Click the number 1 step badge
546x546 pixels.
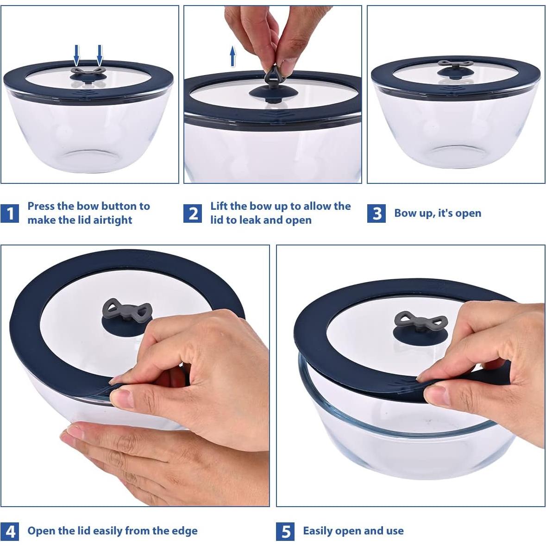pyautogui.click(x=10, y=213)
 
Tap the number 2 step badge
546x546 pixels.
pyautogui.click(x=193, y=213)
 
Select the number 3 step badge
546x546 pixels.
pyautogui.click(x=377, y=213)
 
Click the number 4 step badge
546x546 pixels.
pyautogui.click(x=10, y=531)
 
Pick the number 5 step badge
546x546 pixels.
pyautogui.click(x=285, y=531)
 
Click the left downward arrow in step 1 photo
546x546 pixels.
pyautogui.click(x=77, y=54)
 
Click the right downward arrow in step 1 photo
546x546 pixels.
pyautogui.click(x=100, y=54)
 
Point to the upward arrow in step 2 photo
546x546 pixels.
pyautogui.click(x=232, y=56)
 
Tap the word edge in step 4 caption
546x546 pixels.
pyautogui.click(x=185, y=531)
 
